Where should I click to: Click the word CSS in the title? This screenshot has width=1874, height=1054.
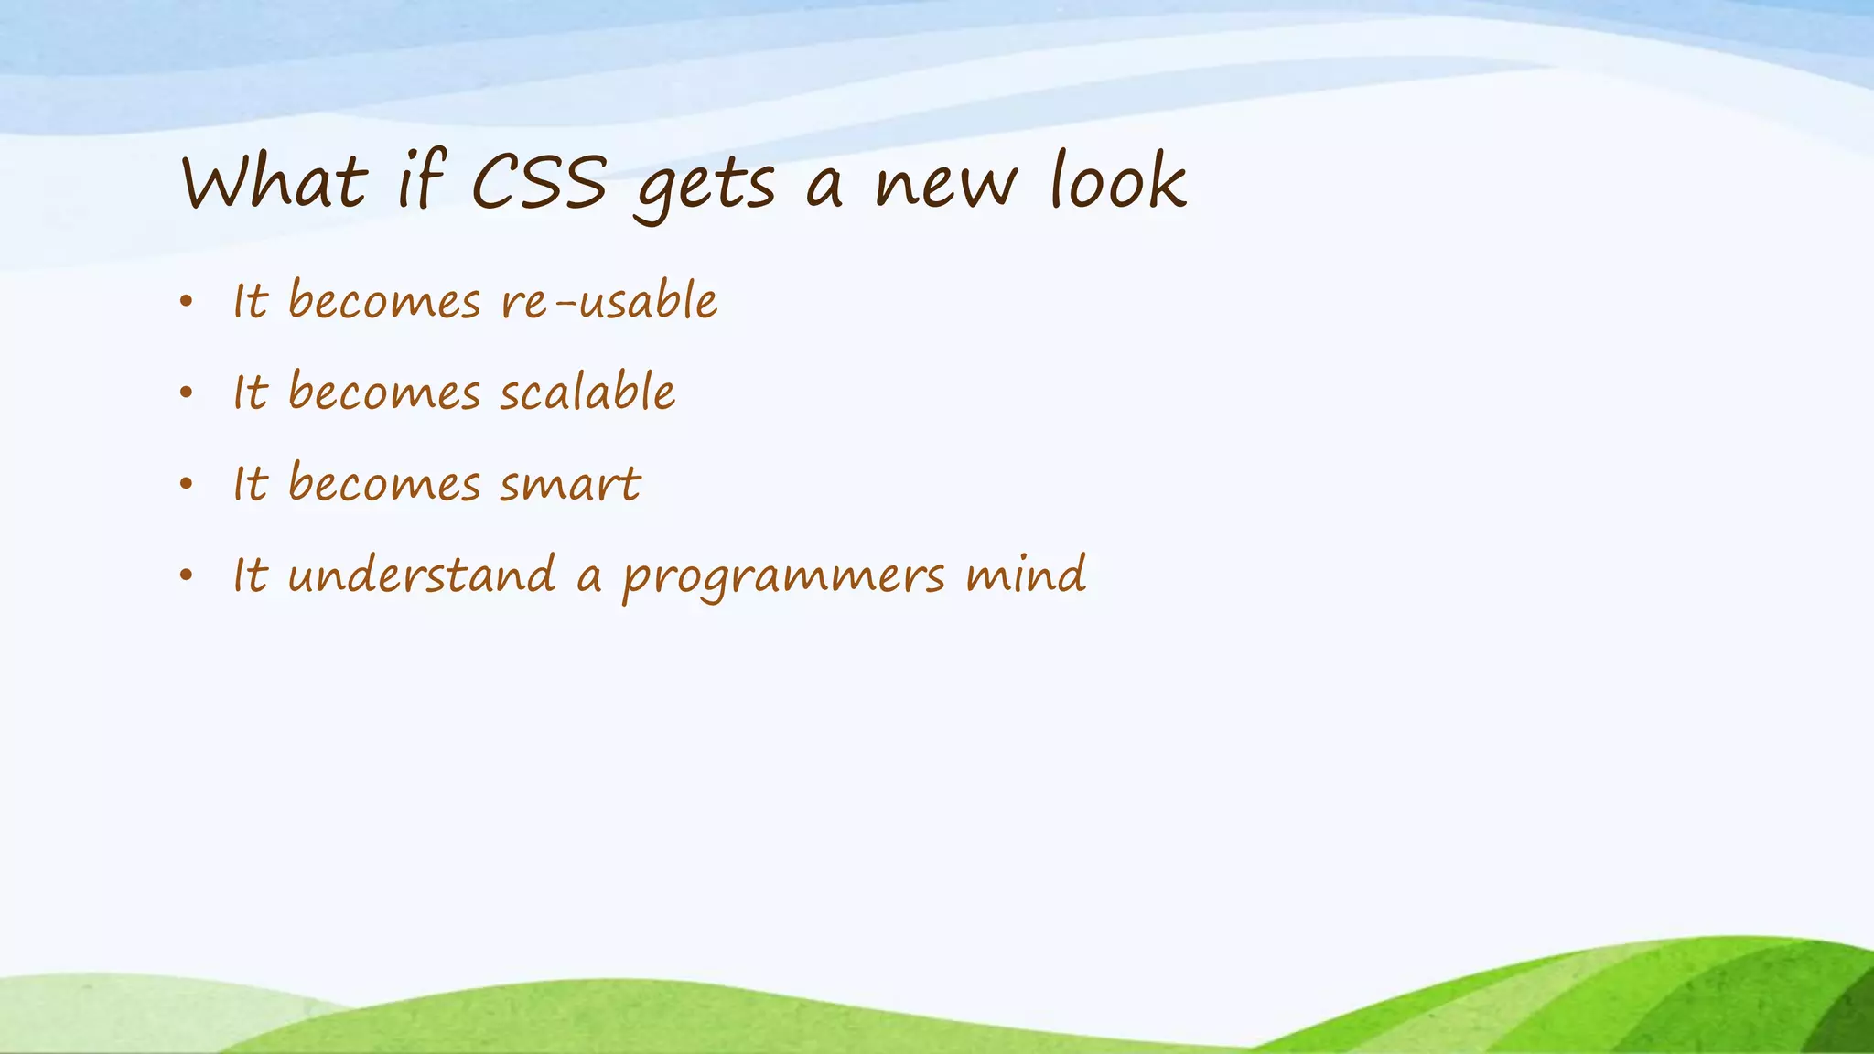point(538,183)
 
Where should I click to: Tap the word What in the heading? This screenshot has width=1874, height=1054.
point(275,183)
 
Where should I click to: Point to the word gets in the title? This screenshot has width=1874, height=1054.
point(705,188)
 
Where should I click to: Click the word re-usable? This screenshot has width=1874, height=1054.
point(609,301)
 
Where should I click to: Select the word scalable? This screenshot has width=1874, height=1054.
point(587,393)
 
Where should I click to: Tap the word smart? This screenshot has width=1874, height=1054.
point(570,484)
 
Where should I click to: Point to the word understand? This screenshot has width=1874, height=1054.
point(422,575)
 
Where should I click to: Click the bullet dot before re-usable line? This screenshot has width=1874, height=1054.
point(187,301)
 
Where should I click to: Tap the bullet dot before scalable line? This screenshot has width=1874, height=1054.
point(187,393)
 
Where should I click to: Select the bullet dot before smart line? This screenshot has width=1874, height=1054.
point(187,484)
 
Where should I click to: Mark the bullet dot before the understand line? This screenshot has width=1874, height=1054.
point(187,575)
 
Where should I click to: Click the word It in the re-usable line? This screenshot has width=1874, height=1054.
point(250,301)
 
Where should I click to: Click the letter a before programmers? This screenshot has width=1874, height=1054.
point(589,578)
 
